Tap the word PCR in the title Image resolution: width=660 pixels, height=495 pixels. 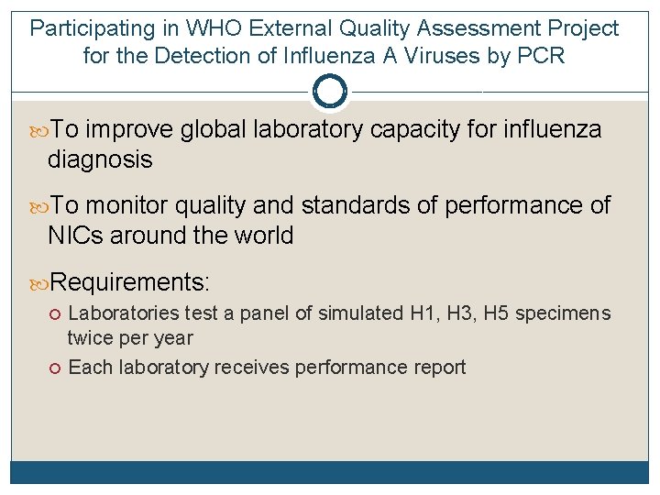pos(541,56)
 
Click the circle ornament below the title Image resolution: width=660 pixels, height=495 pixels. pos(330,91)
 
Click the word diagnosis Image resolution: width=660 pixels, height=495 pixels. pos(100,159)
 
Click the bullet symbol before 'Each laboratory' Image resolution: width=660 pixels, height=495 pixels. pos(57,368)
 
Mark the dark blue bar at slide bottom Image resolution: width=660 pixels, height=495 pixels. pos(330,472)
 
